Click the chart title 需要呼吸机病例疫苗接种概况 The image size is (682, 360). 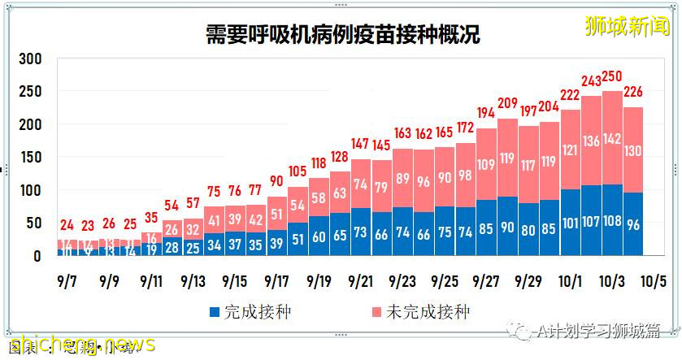341,35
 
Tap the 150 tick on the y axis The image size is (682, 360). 31,158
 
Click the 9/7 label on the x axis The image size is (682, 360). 67,280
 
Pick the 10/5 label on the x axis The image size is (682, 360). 654,280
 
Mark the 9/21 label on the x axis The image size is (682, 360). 360,280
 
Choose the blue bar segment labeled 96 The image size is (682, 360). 633,224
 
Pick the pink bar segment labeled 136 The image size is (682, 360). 591,141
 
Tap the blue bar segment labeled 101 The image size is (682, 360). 570,223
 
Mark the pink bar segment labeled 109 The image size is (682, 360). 486,164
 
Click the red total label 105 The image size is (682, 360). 298,171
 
